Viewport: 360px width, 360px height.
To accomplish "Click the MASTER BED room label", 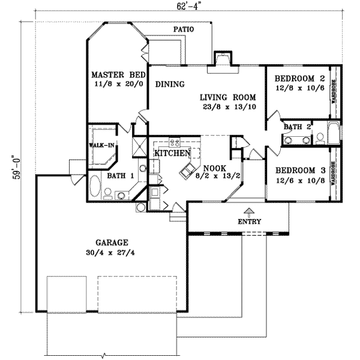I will pos(118,75).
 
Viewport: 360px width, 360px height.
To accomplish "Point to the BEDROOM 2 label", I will pos(299,79).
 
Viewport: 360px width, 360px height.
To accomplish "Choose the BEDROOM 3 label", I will pos(299,170).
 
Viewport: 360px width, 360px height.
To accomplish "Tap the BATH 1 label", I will pos(119,176).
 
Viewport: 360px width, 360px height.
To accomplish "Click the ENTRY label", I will pos(250,221).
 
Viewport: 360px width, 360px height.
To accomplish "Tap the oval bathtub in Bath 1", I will pos(96,186).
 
